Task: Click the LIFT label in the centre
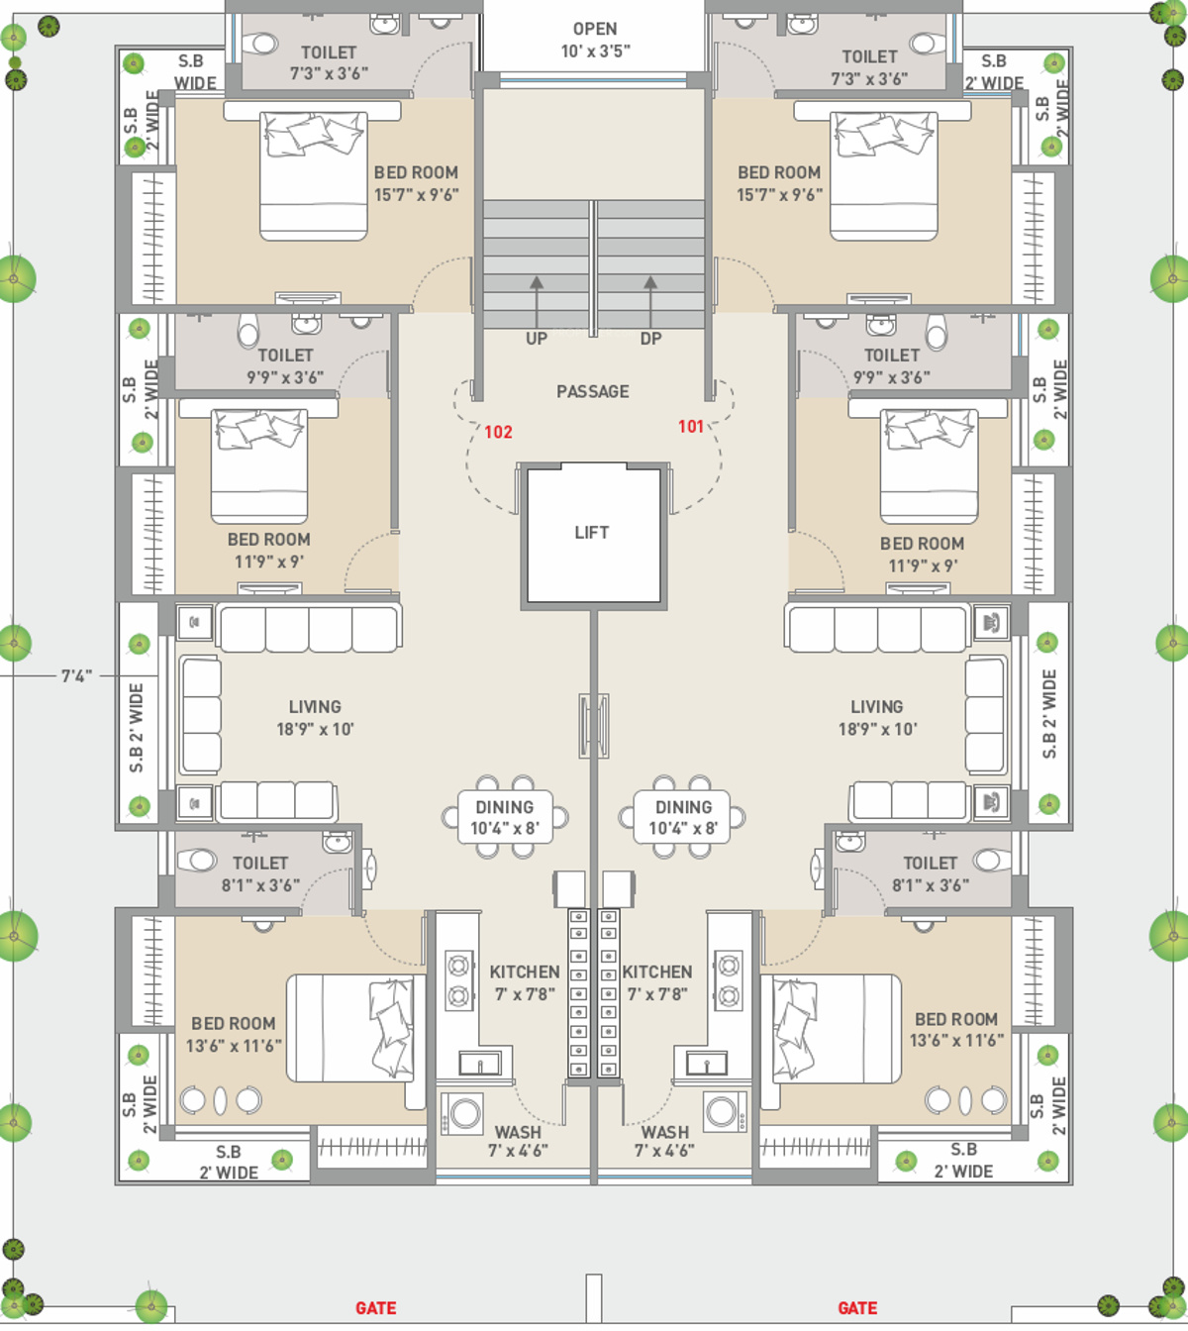click(x=592, y=533)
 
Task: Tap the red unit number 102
click(x=498, y=432)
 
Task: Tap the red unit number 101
click(x=691, y=426)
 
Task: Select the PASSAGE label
click(x=592, y=391)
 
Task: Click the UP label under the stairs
click(x=537, y=339)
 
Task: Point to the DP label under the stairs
click(x=650, y=339)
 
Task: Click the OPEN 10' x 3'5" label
click(x=595, y=40)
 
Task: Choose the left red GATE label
click(x=376, y=1308)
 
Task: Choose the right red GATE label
click(x=857, y=1308)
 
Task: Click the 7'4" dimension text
click(x=76, y=676)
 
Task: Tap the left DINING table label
click(x=505, y=817)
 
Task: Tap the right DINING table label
click(x=683, y=817)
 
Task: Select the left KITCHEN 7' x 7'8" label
click(x=525, y=982)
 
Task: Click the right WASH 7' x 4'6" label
click(x=664, y=1141)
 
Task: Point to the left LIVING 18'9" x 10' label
click(x=315, y=717)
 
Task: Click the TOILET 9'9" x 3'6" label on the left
click(x=285, y=365)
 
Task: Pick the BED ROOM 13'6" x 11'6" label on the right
click(x=956, y=1029)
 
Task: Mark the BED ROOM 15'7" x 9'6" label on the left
click(x=416, y=183)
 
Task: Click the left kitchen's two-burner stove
click(x=458, y=979)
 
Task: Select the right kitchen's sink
click(x=707, y=1064)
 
